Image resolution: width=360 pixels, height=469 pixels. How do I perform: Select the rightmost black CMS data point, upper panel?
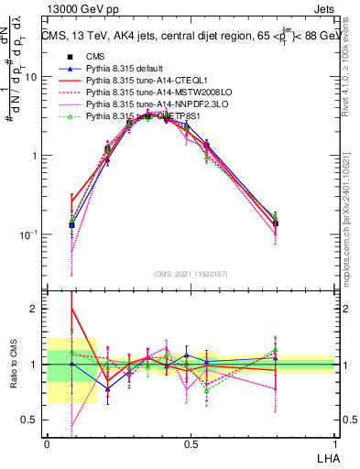click(x=276, y=224)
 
